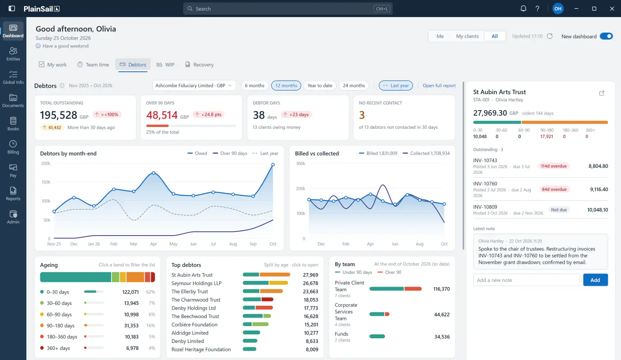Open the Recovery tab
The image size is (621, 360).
coord(199,64)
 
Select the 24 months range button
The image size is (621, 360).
coord(354,85)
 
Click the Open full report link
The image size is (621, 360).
coord(439,85)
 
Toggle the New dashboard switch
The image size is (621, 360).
coord(606,36)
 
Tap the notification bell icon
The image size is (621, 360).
coord(523,9)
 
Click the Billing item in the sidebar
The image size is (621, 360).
coord(13,147)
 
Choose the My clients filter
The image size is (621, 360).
coord(467,36)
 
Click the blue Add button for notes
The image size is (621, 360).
coord(595,280)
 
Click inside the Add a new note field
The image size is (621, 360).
coord(526,280)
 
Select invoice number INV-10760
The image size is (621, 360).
coord(485,183)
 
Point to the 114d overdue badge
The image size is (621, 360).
coord(553,166)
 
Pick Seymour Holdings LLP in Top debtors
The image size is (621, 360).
coord(196,283)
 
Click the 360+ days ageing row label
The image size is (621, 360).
coord(58,348)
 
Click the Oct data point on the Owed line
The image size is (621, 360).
coord(273,164)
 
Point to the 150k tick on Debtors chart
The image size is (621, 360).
coord(46,182)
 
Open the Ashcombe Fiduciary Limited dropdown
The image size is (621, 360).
coord(194,85)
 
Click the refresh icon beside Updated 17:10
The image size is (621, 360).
coord(550,36)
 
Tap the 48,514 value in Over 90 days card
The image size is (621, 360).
coord(161,115)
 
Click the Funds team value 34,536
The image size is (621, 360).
coord(442,337)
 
